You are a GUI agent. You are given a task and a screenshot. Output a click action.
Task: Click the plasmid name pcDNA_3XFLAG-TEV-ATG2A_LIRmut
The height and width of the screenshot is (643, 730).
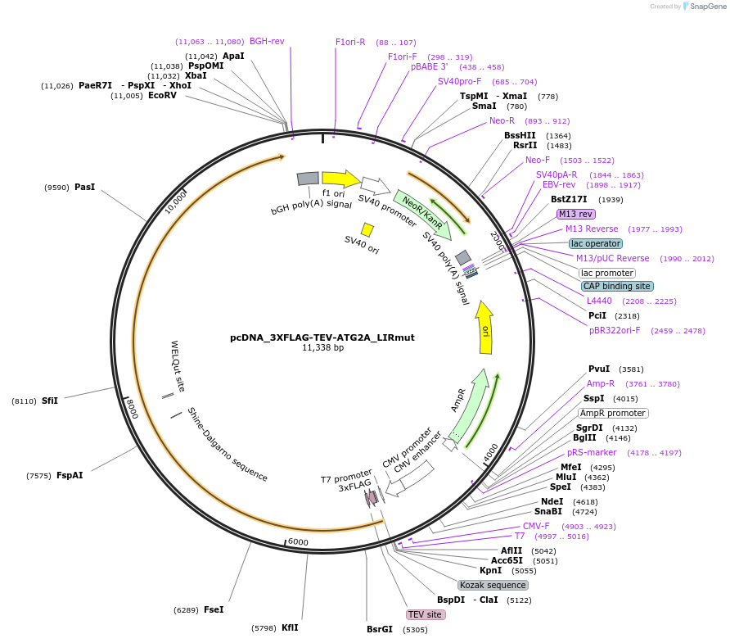pyautogui.click(x=322, y=337)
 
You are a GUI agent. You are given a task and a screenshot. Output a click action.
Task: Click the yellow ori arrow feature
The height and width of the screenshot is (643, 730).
pyautogui.click(x=484, y=328)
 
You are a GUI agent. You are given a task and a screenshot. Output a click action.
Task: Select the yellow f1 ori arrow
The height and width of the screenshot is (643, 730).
pyautogui.click(x=341, y=179)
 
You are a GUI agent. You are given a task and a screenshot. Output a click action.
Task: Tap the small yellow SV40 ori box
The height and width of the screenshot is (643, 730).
pyautogui.click(x=367, y=230)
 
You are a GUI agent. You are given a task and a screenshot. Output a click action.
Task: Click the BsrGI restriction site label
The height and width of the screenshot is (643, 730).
pyautogui.click(x=380, y=630)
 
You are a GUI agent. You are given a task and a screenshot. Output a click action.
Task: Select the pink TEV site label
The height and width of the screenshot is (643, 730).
pyautogui.click(x=425, y=614)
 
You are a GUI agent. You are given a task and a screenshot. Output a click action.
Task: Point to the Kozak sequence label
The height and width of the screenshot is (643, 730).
pyautogui.click(x=493, y=585)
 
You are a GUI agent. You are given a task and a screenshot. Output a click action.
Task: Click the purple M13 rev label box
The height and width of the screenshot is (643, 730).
pyautogui.click(x=576, y=214)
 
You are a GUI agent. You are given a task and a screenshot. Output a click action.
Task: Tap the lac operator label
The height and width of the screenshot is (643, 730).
pyautogui.click(x=596, y=243)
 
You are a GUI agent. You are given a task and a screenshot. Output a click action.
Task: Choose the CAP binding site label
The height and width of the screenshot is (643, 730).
pyautogui.click(x=617, y=286)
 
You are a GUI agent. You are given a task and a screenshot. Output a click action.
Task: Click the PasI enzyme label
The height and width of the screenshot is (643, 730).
pyautogui.click(x=85, y=187)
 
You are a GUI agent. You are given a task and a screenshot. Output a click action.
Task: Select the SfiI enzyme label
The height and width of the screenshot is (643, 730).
pyautogui.click(x=50, y=401)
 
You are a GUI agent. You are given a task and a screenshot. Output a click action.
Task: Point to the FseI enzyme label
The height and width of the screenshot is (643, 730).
pyautogui.click(x=214, y=609)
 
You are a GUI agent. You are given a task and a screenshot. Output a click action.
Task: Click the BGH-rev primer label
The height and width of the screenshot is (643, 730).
pyautogui.click(x=267, y=41)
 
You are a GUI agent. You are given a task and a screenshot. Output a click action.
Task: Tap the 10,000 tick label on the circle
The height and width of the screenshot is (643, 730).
pyautogui.click(x=176, y=202)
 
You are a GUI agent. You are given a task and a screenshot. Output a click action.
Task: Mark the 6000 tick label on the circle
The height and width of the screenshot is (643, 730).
pyautogui.click(x=298, y=542)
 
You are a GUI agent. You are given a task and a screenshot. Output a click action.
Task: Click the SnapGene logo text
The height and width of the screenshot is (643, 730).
pyautogui.click(x=708, y=6)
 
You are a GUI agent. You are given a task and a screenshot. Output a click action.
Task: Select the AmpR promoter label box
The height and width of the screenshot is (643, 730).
pyautogui.click(x=613, y=413)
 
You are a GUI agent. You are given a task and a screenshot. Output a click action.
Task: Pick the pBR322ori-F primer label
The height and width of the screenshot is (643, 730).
pyautogui.click(x=615, y=330)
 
